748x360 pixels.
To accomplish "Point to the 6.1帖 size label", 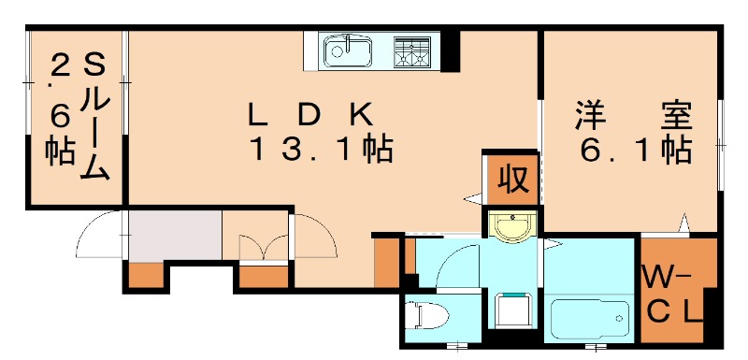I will [633, 150].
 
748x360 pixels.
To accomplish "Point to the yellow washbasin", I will [511, 226].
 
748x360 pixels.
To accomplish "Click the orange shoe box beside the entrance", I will [145, 275].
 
